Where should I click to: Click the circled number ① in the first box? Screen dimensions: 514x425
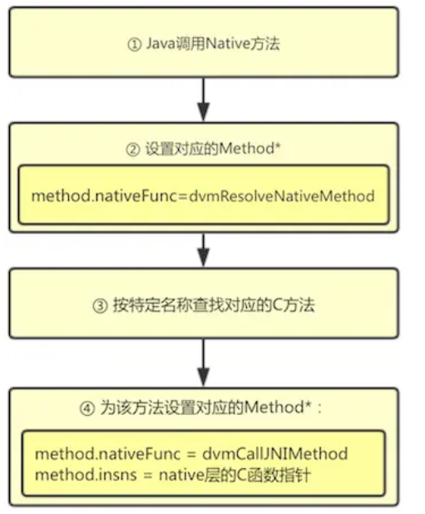pyautogui.click(x=135, y=43)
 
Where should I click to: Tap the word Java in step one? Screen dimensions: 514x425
pyautogui.click(x=160, y=43)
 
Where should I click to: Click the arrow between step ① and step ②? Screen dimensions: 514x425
pyautogui.click(x=203, y=101)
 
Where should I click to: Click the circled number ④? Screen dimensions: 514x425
pyautogui.click(x=95, y=409)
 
